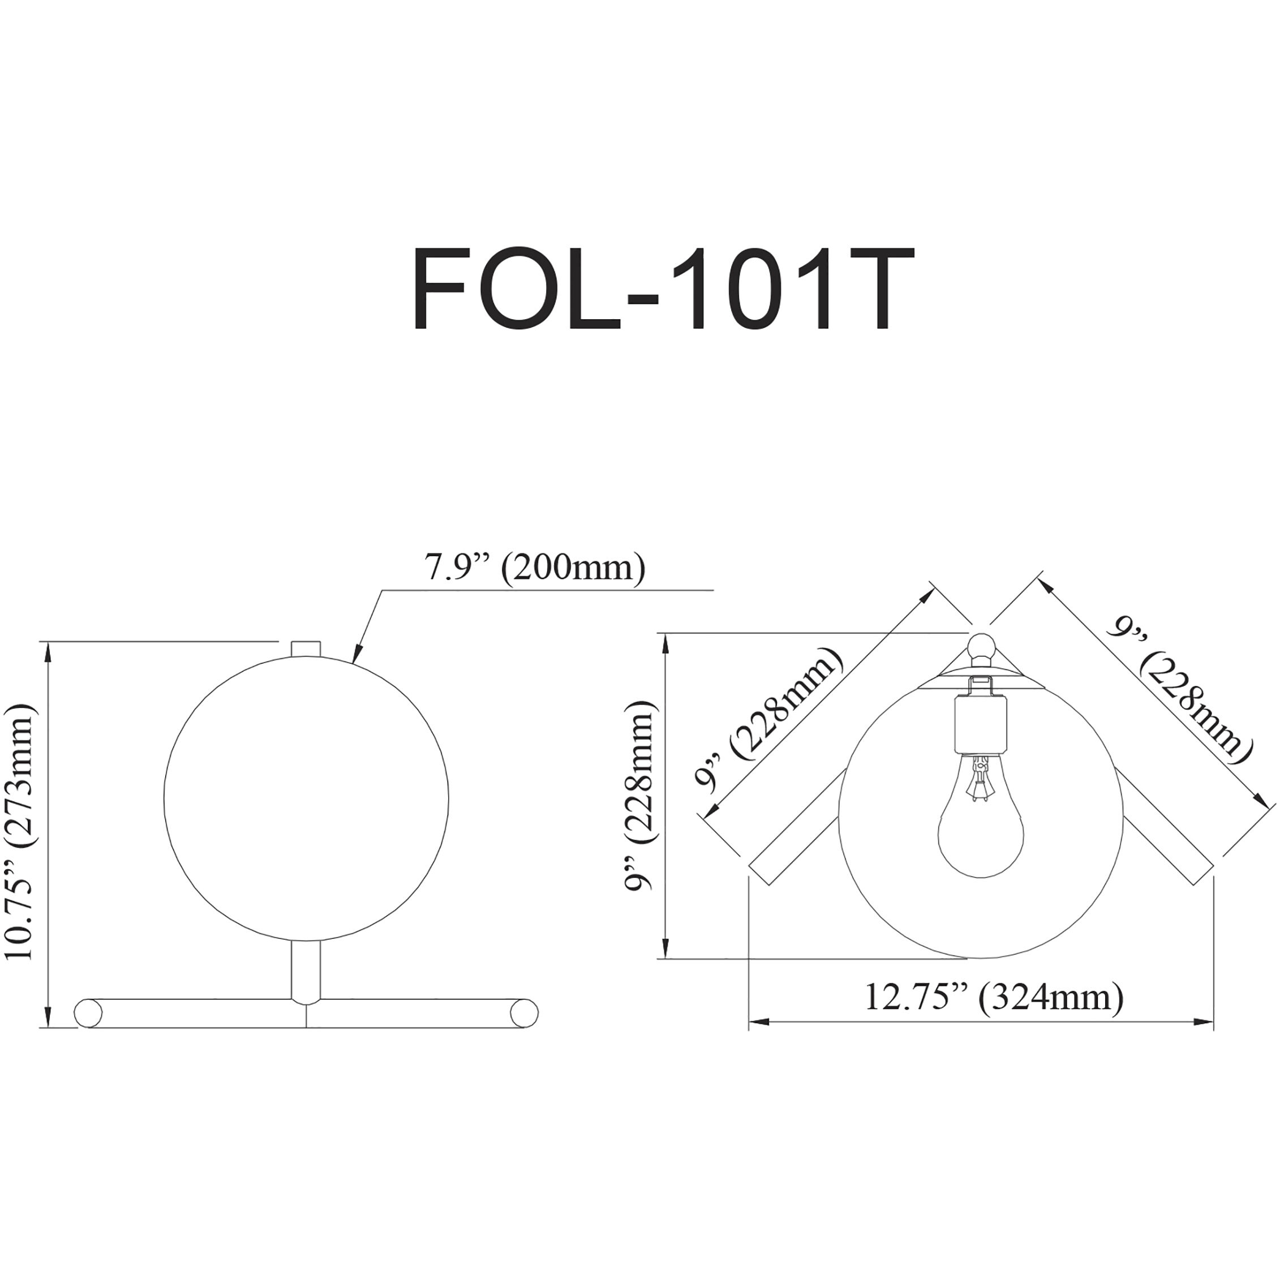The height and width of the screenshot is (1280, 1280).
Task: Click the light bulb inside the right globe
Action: pos(981,828)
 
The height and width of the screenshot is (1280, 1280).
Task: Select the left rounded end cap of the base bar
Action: pos(88,1032)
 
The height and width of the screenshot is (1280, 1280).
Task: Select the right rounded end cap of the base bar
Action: pos(525,1032)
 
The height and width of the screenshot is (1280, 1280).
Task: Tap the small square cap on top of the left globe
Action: pos(306,648)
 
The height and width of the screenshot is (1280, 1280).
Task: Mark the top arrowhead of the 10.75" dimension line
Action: pos(46,651)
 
